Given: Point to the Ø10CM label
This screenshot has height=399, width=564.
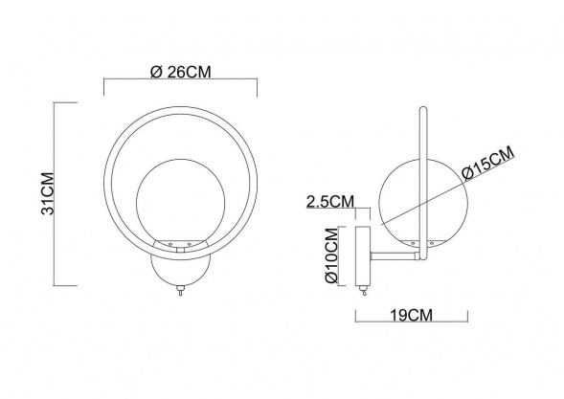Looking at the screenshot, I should (330, 255).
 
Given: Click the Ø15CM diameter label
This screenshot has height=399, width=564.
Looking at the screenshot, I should (487, 163).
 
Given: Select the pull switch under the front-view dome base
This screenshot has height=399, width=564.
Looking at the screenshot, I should (180, 294).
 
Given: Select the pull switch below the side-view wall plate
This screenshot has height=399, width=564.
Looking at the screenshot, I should (362, 293).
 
